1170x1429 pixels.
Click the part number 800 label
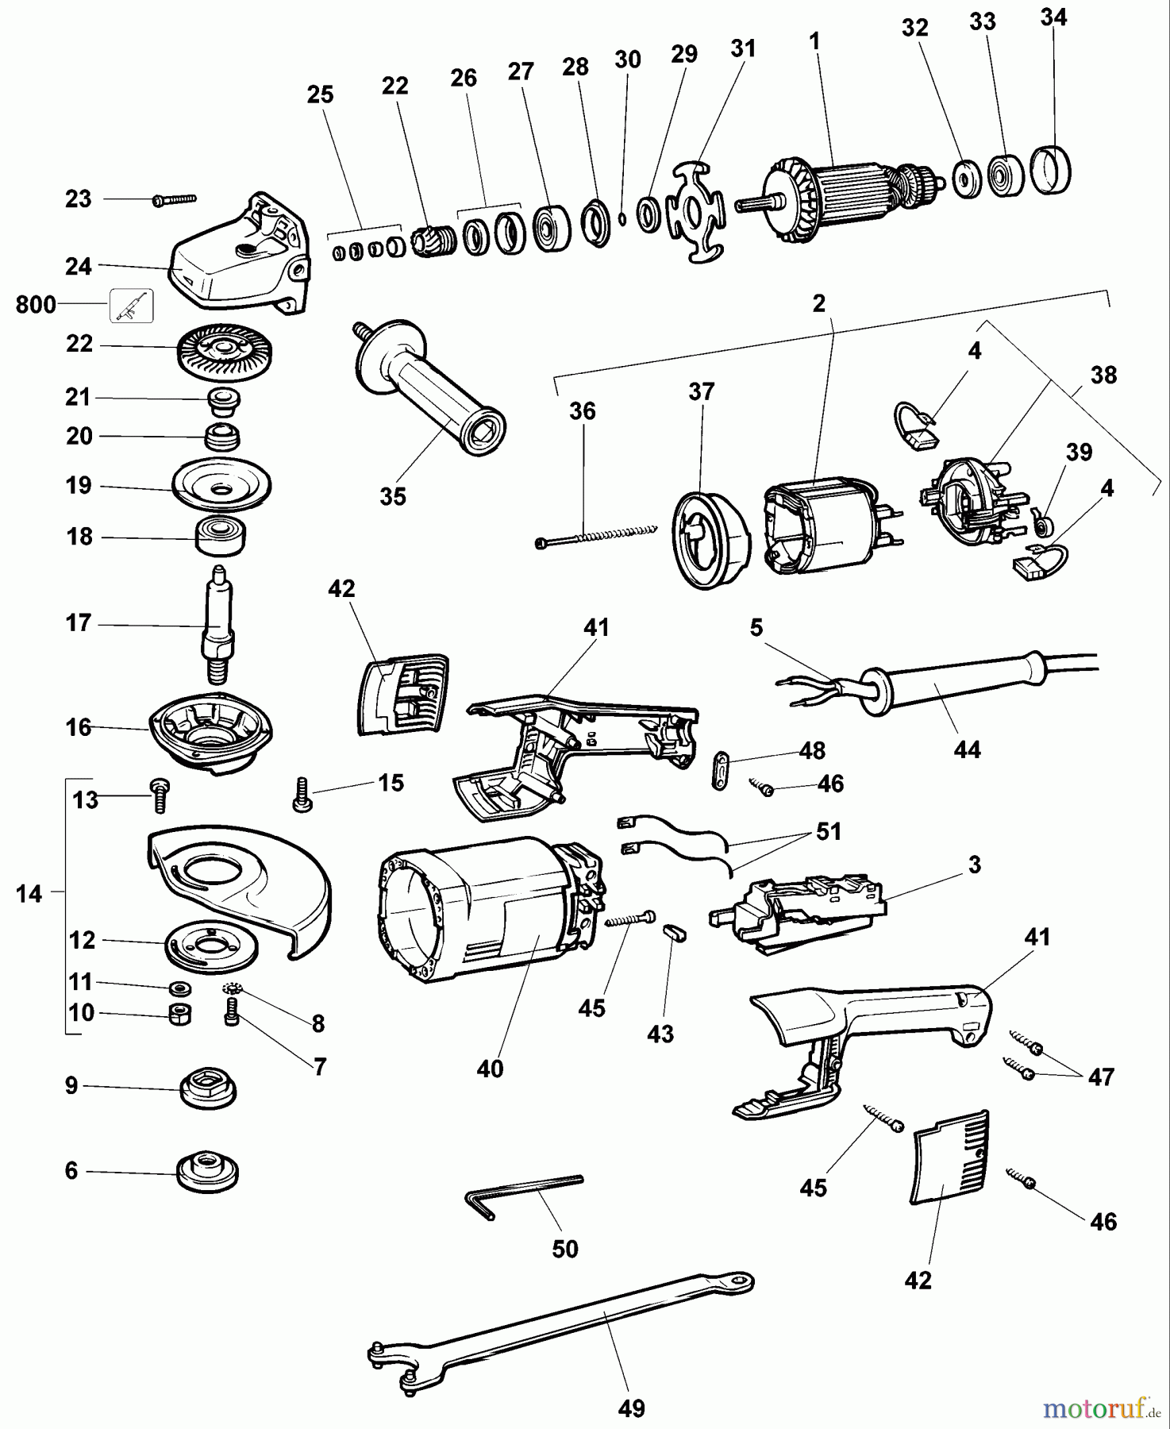click(36, 305)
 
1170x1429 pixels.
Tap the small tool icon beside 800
click(131, 305)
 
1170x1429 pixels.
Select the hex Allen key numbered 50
click(524, 1191)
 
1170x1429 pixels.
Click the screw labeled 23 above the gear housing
click(174, 200)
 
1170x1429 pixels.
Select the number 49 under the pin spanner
click(631, 1408)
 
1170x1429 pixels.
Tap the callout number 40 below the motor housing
click(490, 1069)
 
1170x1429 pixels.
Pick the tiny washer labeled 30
click(622, 219)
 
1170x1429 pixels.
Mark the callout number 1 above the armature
click(814, 41)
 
